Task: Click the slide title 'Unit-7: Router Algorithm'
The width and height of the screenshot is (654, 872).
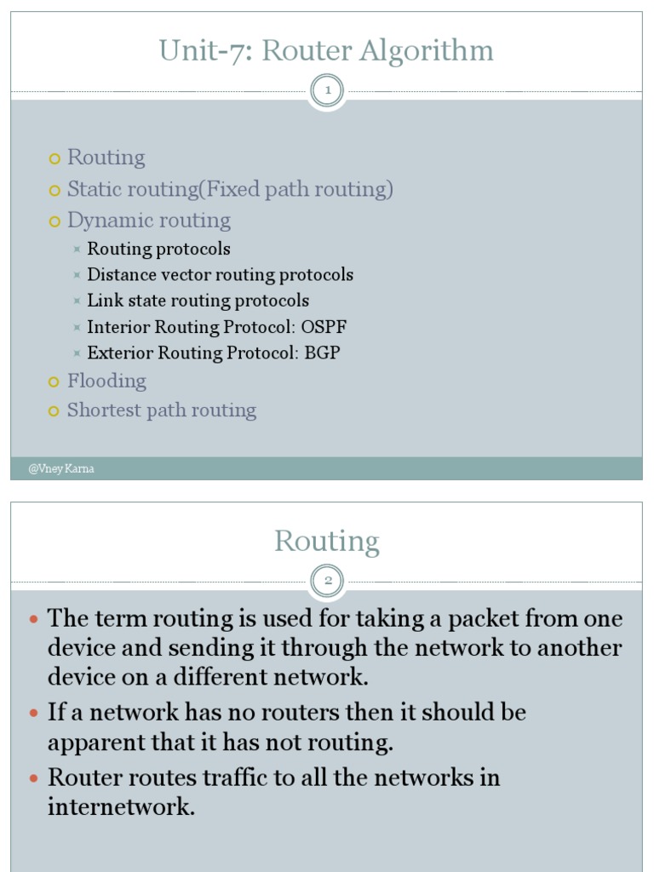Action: click(x=326, y=51)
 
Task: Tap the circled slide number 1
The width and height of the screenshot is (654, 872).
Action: click(x=327, y=90)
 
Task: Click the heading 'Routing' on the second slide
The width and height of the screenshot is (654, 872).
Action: click(x=326, y=542)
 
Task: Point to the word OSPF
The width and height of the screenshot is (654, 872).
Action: click(x=324, y=327)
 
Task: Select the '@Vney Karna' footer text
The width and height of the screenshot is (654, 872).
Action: click(x=60, y=469)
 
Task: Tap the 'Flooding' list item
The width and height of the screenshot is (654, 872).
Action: click(x=106, y=381)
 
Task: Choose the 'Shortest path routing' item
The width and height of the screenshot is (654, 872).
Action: click(x=161, y=410)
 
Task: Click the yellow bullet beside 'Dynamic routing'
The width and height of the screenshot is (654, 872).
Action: click(x=55, y=221)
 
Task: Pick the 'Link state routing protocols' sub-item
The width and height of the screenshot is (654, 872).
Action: click(x=198, y=301)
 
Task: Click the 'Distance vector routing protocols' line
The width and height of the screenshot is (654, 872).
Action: click(x=220, y=275)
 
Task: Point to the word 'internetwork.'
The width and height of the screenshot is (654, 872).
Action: click(x=121, y=806)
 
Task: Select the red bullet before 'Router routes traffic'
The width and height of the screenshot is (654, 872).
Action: click(x=34, y=778)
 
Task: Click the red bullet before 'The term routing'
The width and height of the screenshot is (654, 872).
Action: click(x=34, y=619)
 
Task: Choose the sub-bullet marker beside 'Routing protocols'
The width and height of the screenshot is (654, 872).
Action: click(x=77, y=250)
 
